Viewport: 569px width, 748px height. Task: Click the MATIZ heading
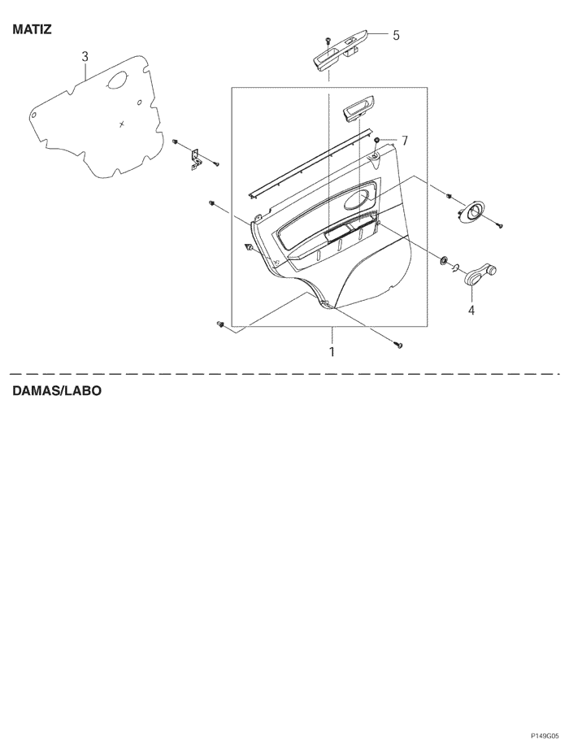(x=32, y=29)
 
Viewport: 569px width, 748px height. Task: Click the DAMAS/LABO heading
(x=56, y=391)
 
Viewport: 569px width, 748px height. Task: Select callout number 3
(x=85, y=57)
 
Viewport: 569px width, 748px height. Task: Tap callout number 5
(x=396, y=35)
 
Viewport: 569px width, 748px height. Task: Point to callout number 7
(x=405, y=141)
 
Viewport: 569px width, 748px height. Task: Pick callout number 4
(x=471, y=310)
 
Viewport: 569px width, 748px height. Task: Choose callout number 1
(x=332, y=352)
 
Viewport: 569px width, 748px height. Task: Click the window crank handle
(x=479, y=276)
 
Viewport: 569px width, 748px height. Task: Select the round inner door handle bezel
(x=471, y=212)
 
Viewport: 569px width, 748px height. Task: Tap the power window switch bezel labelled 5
(x=340, y=51)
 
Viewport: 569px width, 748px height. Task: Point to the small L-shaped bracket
(x=196, y=159)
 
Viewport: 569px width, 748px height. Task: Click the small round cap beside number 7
(x=377, y=140)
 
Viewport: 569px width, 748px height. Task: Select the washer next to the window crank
(x=444, y=260)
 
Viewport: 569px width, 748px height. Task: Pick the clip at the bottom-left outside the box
(x=219, y=324)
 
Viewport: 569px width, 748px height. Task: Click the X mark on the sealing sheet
(x=122, y=124)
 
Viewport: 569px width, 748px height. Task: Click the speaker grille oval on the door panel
(x=358, y=198)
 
